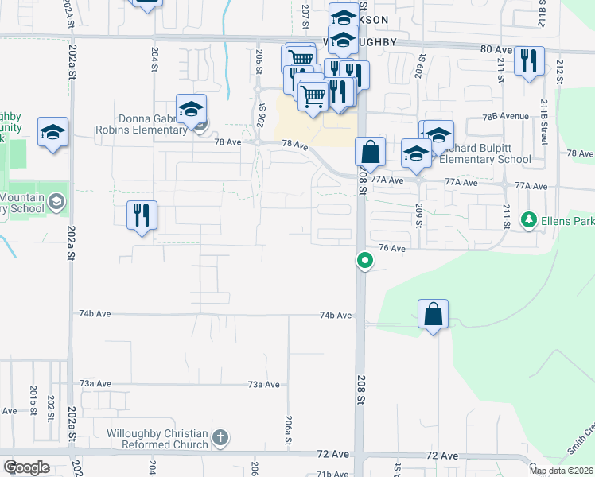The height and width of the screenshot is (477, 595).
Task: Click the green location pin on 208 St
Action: point(365,260)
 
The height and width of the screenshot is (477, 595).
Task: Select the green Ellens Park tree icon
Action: point(527,218)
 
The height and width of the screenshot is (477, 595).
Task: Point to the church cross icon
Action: point(220,437)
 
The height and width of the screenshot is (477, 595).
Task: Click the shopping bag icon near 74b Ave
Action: point(433,314)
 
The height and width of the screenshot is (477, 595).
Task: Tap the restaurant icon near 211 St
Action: point(529,61)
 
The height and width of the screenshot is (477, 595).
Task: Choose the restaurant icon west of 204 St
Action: point(142,215)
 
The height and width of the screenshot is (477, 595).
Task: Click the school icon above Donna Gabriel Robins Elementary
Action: point(192,109)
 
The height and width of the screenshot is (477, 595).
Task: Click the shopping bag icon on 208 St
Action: point(370,151)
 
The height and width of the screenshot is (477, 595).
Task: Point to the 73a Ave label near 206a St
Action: point(263,384)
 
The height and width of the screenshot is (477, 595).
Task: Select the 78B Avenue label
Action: point(505,116)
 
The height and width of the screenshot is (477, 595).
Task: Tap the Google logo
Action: point(27,467)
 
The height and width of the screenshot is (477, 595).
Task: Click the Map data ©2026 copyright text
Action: point(561,471)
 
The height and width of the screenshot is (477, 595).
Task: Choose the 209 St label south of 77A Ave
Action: point(418,215)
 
